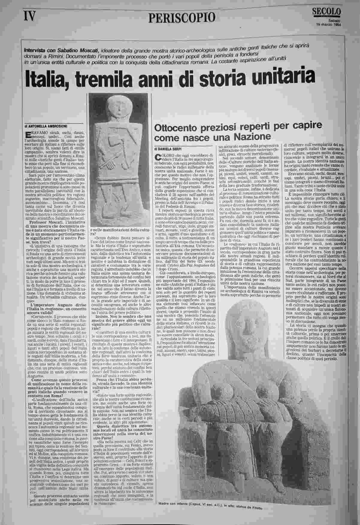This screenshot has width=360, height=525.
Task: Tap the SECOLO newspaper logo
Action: point(326,12)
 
